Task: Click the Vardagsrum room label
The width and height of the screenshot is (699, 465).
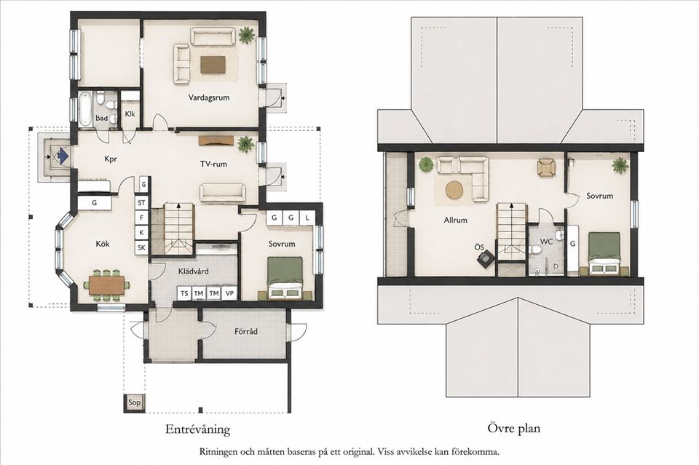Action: pos(209,97)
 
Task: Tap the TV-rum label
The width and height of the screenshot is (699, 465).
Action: pos(213,164)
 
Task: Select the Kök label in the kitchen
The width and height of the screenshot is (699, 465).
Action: pos(103,244)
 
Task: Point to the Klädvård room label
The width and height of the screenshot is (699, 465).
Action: pos(193,271)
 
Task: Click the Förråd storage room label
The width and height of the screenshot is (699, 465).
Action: pos(246,331)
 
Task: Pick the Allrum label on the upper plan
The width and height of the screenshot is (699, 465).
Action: pos(456,220)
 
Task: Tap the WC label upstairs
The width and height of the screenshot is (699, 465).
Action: pos(547,241)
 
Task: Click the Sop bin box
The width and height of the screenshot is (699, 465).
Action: pos(134,402)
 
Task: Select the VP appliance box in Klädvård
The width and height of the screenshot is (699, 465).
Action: pos(229,293)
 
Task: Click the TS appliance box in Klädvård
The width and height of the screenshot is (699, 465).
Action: pos(184,293)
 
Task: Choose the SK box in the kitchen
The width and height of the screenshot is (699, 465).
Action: pos(141,247)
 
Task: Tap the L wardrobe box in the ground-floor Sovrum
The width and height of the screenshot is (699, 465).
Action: pos(307,218)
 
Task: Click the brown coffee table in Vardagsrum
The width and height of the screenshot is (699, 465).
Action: pos(213,65)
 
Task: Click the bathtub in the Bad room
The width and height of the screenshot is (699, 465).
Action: pos(84,108)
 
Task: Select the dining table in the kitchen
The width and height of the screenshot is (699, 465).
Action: pos(106,285)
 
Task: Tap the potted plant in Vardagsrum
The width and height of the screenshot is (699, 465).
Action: pos(246,35)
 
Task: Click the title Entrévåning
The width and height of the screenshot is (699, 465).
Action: pos(197,429)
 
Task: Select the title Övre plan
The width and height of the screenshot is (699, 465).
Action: pos(513,429)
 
